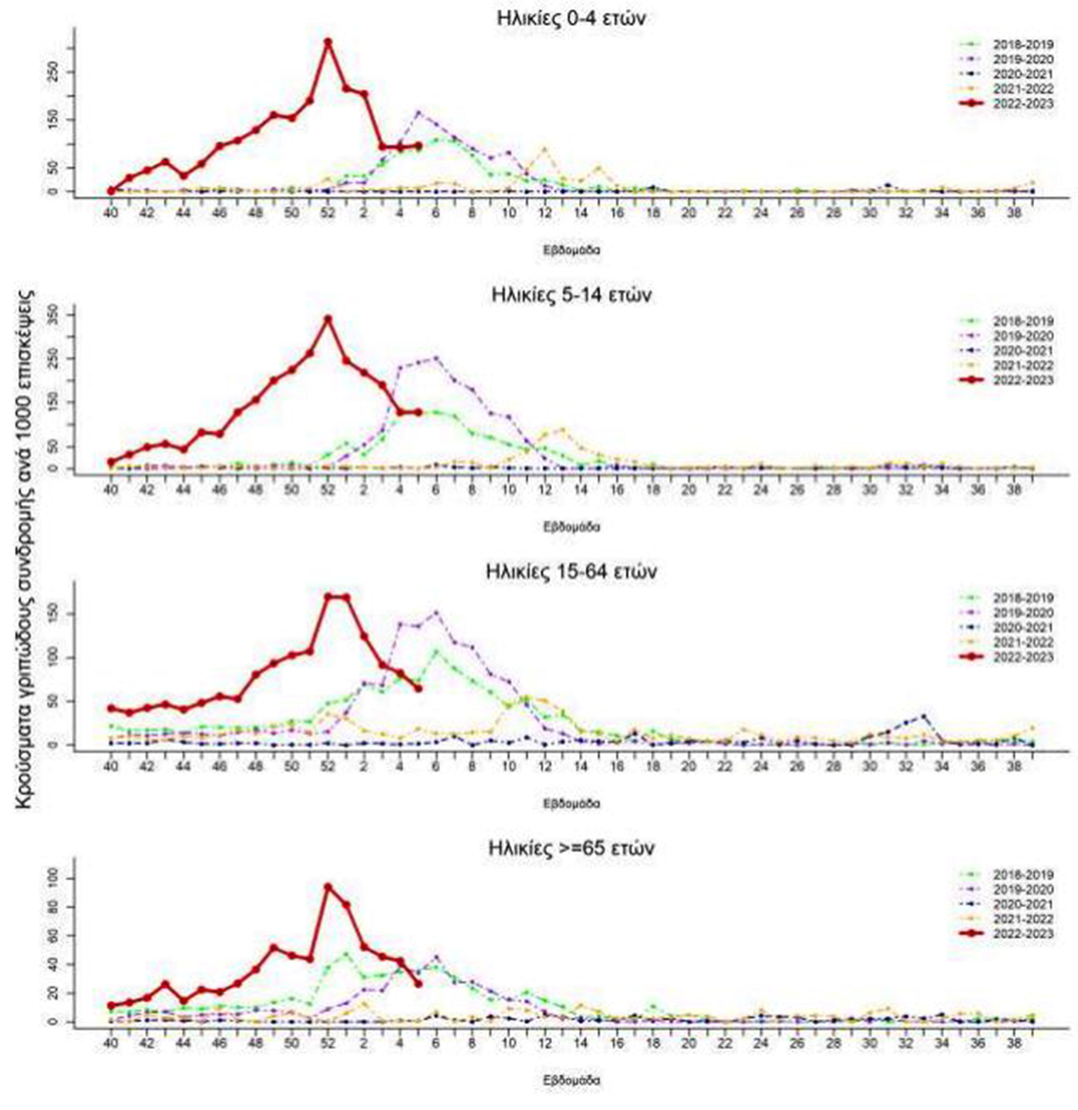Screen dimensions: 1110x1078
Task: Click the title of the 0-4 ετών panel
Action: pyautogui.click(x=571, y=18)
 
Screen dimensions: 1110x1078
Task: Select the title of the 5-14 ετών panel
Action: pyautogui.click(x=571, y=295)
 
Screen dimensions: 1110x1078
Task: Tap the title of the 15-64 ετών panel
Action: pyautogui.click(x=571, y=572)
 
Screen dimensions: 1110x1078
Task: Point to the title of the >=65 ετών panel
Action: pyautogui.click(x=571, y=849)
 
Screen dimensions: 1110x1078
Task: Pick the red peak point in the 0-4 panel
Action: pyautogui.click(x=328, y=42)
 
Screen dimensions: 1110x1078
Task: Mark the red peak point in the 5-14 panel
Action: pyautogui.click(x=328, y=319)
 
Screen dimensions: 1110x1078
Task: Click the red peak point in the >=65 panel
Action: pyautogui.click(x=328, y=887)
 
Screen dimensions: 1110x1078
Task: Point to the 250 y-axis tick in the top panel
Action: pyautogui.click(x=52, y=72)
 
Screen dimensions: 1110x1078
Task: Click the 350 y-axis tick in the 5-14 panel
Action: pyautogui.click(x=52, y=314)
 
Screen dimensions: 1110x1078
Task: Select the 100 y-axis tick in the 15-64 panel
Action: pyautogui.click(x=52, y=658)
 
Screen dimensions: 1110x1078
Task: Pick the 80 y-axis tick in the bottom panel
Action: pyautogui.click(x=52, y=907)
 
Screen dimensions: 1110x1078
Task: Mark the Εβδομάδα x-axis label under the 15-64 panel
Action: pyautogui.click(x=571, y=803)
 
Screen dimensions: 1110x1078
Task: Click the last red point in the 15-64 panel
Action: pyautogui.click(x=418, y=688)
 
